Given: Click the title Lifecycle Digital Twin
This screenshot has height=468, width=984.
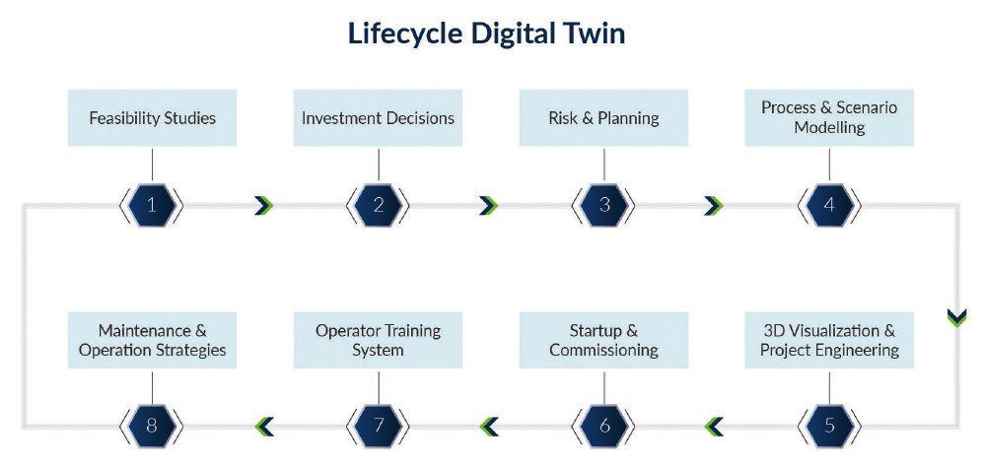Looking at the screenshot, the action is [x=486, y=33].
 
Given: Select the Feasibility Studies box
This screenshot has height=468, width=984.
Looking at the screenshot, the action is [x=152, y=118].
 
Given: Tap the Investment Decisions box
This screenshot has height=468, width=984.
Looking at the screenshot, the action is [x=378, y=118].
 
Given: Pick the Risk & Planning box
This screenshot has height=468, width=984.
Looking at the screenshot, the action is [x=603, y=118].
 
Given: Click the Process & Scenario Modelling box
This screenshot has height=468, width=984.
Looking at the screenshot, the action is [x=829, y=117].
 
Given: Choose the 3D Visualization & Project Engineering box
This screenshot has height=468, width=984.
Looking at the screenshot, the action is [x=829, y=340].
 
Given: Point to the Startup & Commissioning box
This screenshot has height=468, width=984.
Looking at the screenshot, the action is [x=603, y=340].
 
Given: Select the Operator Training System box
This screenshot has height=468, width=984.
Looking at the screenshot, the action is [x=378, y=340].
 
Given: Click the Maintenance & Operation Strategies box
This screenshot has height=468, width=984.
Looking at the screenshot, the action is [x=152, y=340].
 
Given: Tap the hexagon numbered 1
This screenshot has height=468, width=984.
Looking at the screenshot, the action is [x=152, y=205].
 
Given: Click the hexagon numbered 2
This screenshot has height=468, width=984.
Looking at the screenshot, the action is [x=378, y=205].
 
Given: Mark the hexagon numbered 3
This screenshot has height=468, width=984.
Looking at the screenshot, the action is [x=603, y=205].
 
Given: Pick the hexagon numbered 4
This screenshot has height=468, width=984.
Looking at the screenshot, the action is [x=829, y=205].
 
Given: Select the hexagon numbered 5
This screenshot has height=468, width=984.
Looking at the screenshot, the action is [x=829, y=426].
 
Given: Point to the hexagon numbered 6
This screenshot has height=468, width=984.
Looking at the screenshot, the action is [x=603, y=426].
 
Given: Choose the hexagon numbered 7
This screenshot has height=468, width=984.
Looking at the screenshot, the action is [x=378, y=426].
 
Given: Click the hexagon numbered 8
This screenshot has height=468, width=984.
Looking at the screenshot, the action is [x=152, y=426].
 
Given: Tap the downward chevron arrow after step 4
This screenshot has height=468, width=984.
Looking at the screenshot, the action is [x=955, y=317].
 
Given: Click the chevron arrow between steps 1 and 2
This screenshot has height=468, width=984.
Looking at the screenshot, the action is [x=263, y=205].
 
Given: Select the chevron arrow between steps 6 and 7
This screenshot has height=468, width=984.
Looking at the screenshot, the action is [x=489, y=426].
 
